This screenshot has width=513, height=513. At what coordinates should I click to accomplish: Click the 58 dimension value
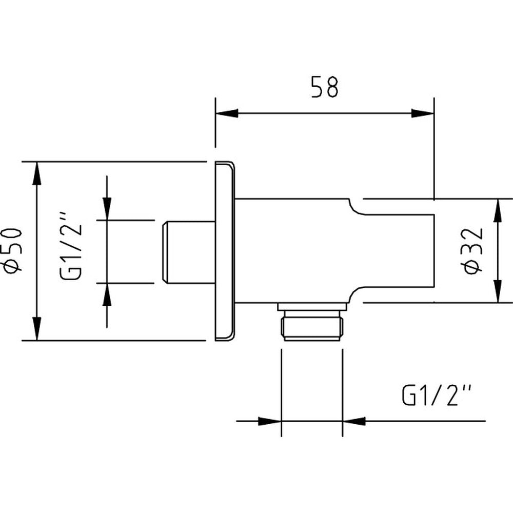[x=325, y=87]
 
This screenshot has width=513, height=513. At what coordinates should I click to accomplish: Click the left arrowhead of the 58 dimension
[x=226, y=113]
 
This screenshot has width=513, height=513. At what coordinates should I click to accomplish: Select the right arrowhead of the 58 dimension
[x=423, y=113]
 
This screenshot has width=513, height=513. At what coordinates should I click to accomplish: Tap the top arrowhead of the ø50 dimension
[x=37, y=173]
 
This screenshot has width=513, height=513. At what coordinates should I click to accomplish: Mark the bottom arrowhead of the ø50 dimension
[x=37, y=329]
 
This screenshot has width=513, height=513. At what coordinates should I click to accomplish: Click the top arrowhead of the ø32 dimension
[x=498, y=210]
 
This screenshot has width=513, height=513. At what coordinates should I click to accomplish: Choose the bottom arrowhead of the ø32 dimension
[x=498, y=291]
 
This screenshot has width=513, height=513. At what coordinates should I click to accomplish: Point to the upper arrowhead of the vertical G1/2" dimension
[x=107, y=209]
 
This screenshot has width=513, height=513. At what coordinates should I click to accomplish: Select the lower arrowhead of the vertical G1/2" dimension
[x=107, y=294]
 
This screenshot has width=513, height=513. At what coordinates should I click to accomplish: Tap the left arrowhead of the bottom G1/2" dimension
[x=270, y=421]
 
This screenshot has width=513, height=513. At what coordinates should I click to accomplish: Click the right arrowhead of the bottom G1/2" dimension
[x=354, y=421]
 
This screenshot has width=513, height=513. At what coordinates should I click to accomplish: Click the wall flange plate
[x=225, y=251]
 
